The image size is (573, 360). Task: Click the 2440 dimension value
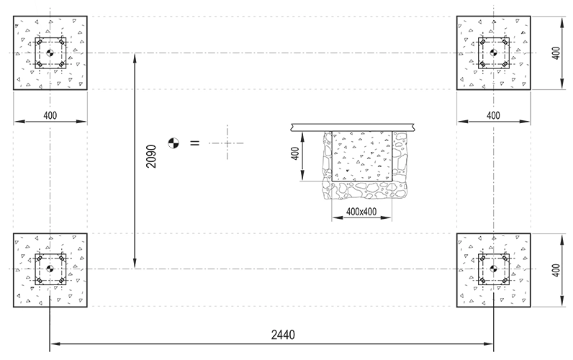283,334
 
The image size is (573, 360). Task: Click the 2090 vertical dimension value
151,156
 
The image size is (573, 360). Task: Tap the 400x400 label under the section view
361,212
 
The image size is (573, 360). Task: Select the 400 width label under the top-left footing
50,115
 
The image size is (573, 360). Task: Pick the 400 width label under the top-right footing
493,115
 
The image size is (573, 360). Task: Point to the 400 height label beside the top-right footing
556,53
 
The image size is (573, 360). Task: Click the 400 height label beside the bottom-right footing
556,271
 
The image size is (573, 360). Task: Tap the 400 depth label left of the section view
296,153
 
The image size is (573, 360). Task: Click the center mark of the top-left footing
50,53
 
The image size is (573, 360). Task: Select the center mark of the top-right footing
494,53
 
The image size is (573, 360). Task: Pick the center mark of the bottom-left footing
50,269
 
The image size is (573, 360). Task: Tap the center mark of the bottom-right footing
494,269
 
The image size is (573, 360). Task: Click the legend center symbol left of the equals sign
173,143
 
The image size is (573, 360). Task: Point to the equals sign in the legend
195,143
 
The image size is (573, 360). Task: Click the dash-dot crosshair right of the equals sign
227,143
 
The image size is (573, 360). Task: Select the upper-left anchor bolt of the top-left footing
39,42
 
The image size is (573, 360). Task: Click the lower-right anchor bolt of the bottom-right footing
505,281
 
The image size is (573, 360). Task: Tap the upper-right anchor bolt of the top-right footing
505,42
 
